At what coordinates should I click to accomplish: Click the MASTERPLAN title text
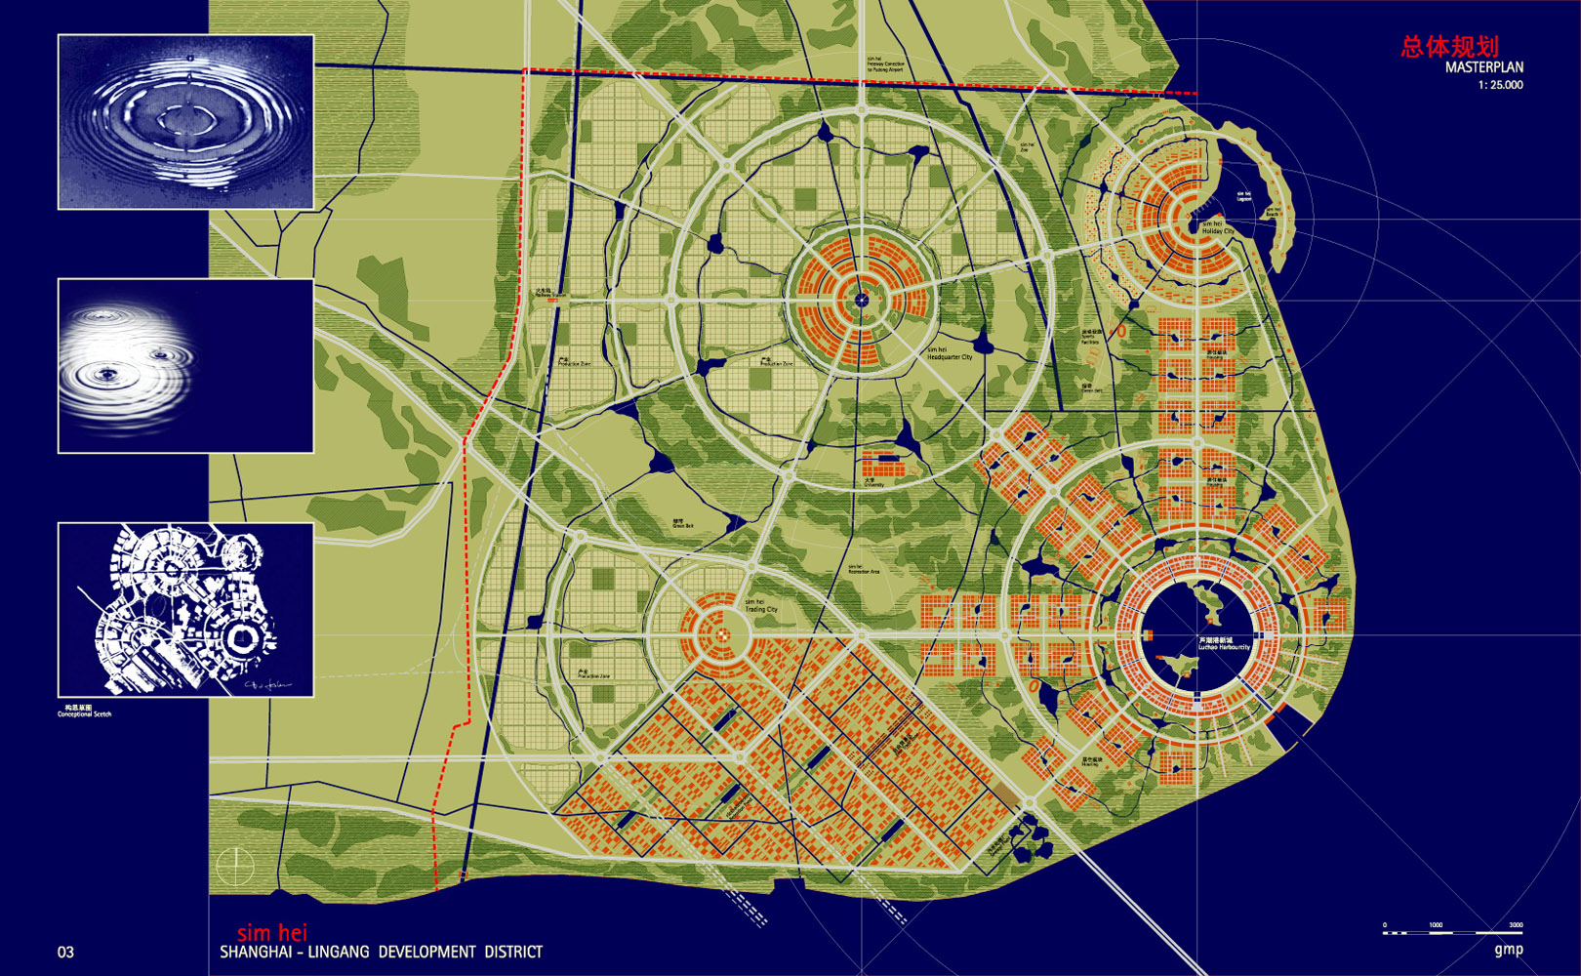coord(1483,67)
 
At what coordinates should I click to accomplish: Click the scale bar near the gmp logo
coord(1452,932)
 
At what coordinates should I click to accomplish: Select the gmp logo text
coord(1508,950)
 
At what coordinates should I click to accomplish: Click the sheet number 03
coord(65,952)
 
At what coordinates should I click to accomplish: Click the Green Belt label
coord(682,523)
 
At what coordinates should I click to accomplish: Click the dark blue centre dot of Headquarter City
coord(861,301)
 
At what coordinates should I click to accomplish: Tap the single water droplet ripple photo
coord(185,122)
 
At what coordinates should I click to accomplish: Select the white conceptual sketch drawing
coord(185,609)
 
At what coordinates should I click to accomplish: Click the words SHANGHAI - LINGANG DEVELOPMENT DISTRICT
coord(381,952)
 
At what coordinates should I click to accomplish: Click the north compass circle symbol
coord(235,866)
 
